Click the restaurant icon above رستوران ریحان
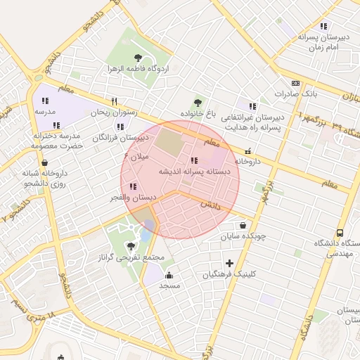[114, 101]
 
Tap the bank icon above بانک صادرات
[295, 83]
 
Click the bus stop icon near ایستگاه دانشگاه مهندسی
[340, 233]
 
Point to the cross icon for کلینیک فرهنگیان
[229, 263]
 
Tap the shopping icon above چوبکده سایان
[243, 226]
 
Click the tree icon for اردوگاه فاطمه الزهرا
[137, 58]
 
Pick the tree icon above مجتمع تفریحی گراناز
[131, 245]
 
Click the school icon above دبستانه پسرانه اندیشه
[194, 160]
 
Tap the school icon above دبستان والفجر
[133, 187]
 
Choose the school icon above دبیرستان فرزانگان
[120, 127]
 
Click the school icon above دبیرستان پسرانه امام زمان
[323, 26]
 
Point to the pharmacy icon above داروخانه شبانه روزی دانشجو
[45, 162]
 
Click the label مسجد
[169, 285]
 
